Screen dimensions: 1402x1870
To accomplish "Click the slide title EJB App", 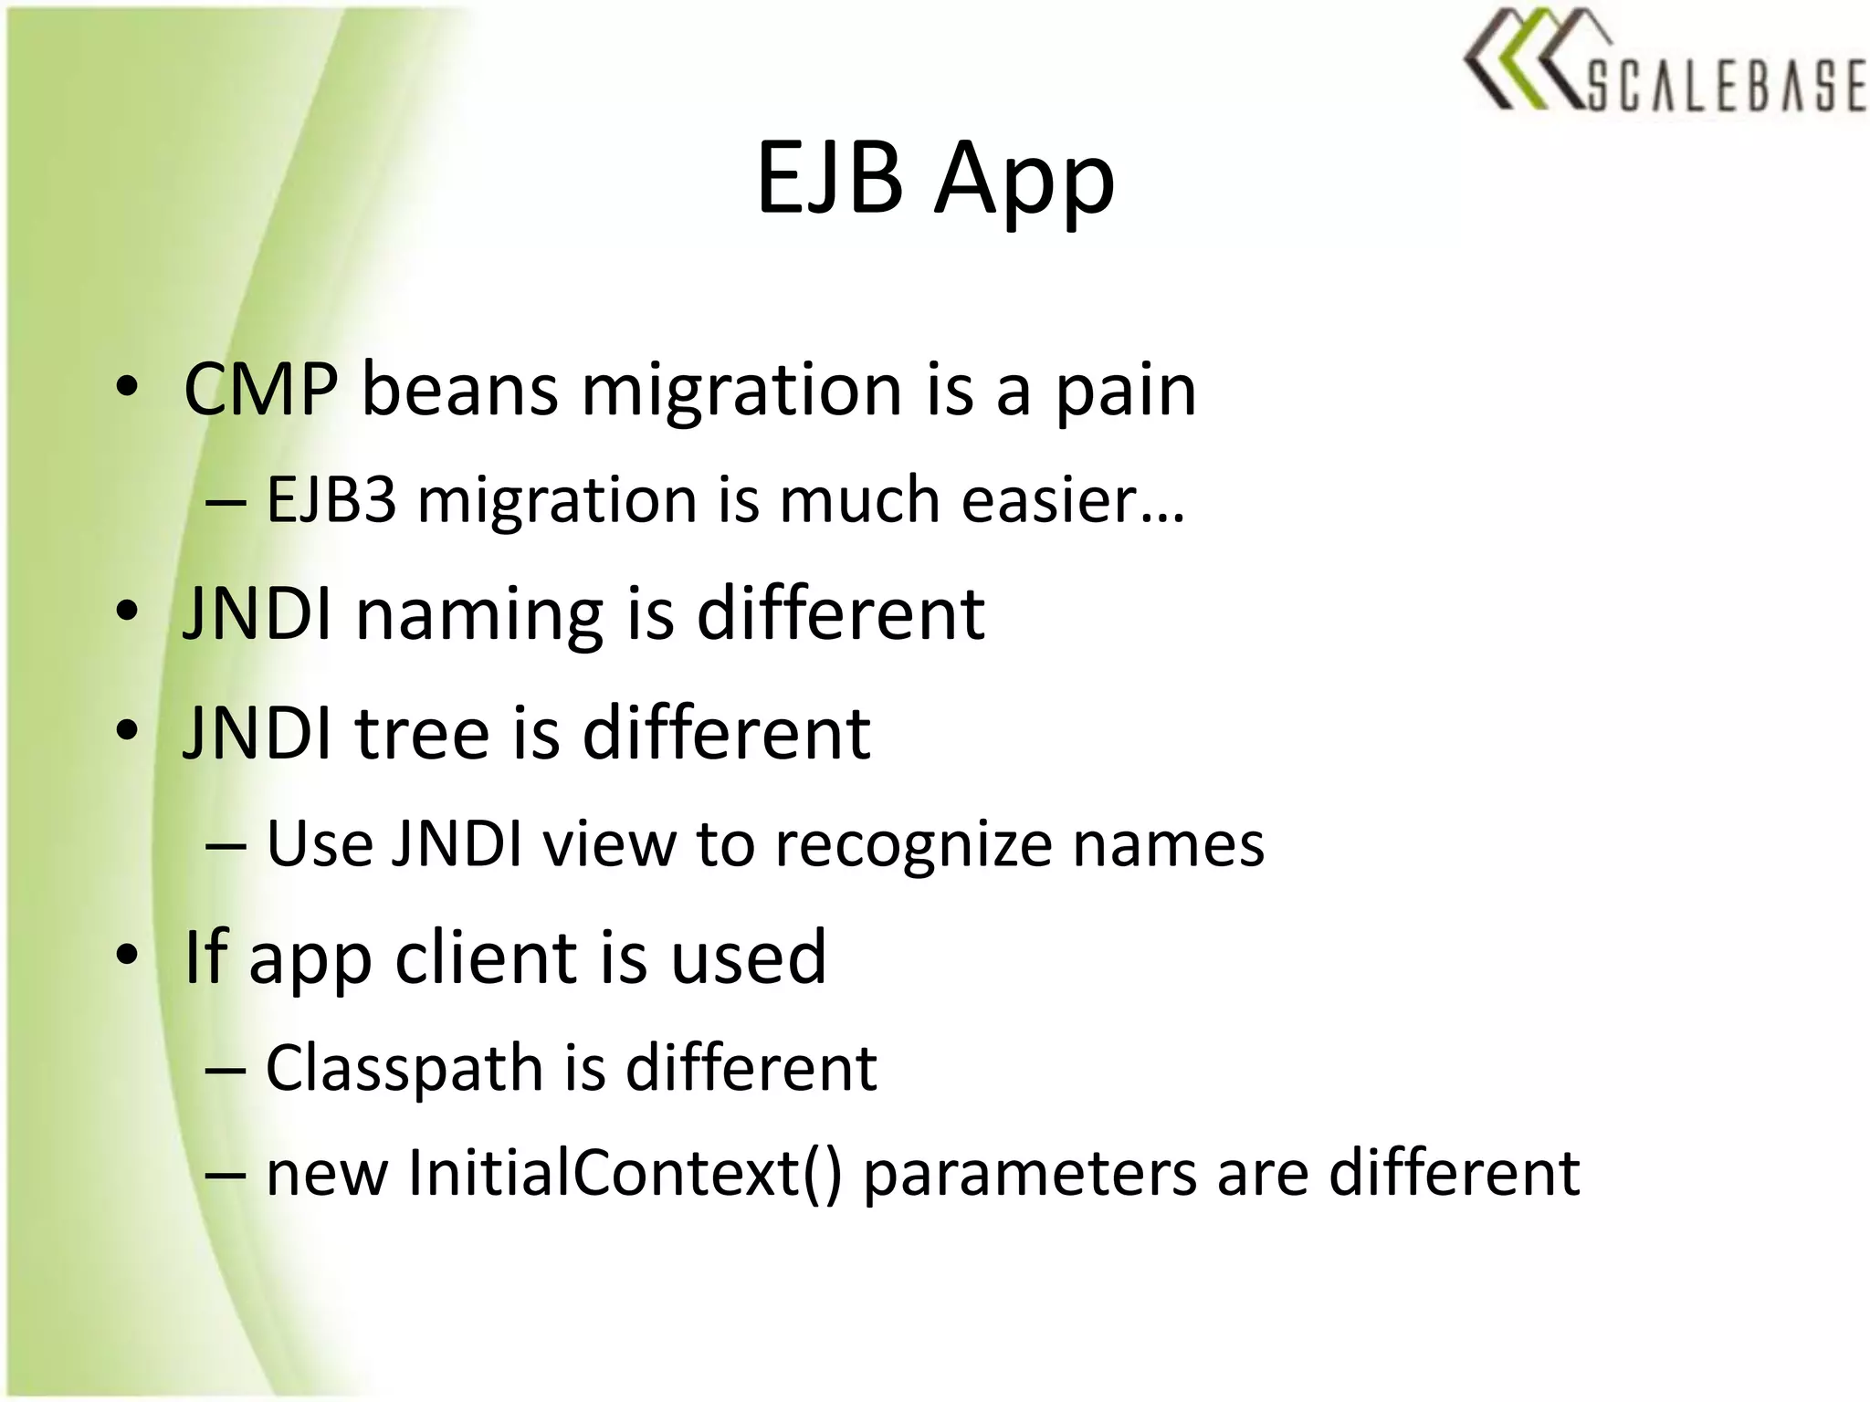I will click(935, 180).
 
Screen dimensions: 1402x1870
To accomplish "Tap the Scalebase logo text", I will click(1726, 87).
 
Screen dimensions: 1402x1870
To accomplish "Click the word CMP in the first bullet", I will click(260, 391).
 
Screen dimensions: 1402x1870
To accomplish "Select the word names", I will click(1168, 843).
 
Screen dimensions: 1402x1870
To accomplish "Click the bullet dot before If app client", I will click(128, 955).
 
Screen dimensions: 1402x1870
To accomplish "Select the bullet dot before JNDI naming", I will click(128, 611).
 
